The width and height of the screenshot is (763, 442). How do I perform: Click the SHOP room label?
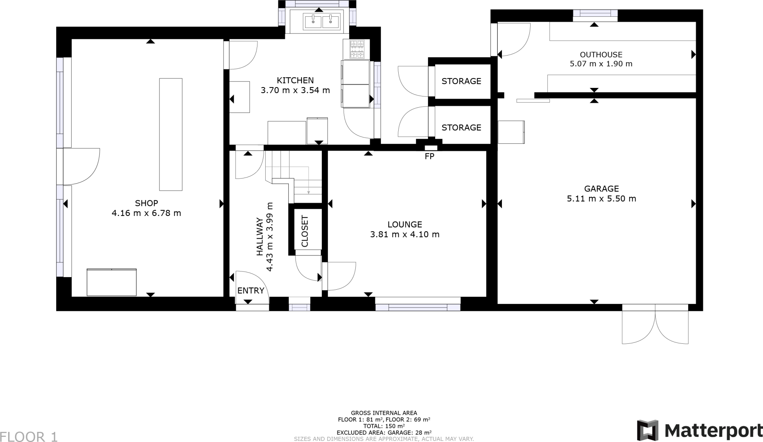pyautogui.click(x=146, y=203)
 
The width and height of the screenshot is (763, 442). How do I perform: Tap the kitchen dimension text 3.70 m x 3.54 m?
pyautogui.click(x=295, y=90)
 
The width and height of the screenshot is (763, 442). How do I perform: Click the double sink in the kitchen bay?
pyautogui.click(x=322, y=21)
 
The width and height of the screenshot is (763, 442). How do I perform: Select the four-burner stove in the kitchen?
pyautogui.click(x=357, y=50)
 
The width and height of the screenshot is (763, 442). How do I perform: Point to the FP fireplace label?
pyautogui.click(x=429, y=157)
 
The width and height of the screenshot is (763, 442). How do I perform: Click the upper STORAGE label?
pyautogui.click(x=461, y=81)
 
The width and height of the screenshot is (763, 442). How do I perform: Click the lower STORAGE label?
pyautogui.click(x=461, y=128)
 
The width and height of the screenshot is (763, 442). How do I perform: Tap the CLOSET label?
pyautogui.click(x=305, y=231)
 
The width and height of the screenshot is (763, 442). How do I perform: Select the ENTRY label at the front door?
pyautogui.click(x=251, y=291)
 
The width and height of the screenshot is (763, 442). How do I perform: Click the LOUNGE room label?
pyautogui.click(x=405, y=225)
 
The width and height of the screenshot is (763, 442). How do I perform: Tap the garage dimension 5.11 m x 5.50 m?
pyautogui.click(x=601, y=199)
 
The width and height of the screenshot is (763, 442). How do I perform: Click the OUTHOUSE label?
pyautogui.click(x=601, y=55)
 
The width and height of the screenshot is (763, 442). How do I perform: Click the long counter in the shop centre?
pyautogui.click(x=171, y=134)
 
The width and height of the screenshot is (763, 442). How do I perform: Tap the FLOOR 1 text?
pyautogui.click(x=29, y=437)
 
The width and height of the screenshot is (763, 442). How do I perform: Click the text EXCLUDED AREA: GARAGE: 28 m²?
pyautogui.click(x=384, y=433)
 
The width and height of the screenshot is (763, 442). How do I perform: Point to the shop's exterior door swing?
pyautogui.click(x=81, y=166)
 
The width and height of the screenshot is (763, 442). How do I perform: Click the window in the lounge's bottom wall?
pyautogui.click(x=418, y=307)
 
